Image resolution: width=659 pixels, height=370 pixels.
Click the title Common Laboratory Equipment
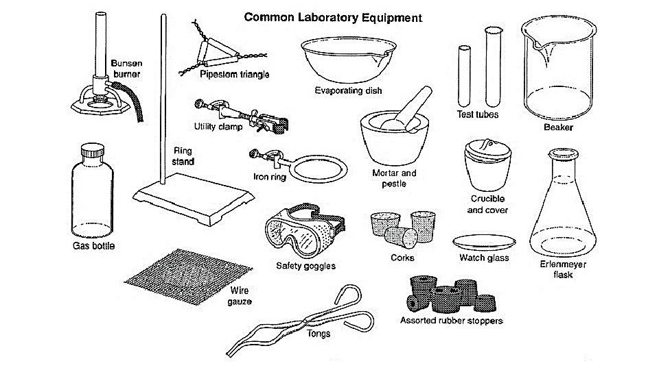pyautogui.click(x=333, y=16)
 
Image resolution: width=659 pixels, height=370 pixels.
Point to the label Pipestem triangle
pyautogui.click(x=235, y=74)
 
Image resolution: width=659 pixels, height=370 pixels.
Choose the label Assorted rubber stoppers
pyautogui.click(x=451, y=320)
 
